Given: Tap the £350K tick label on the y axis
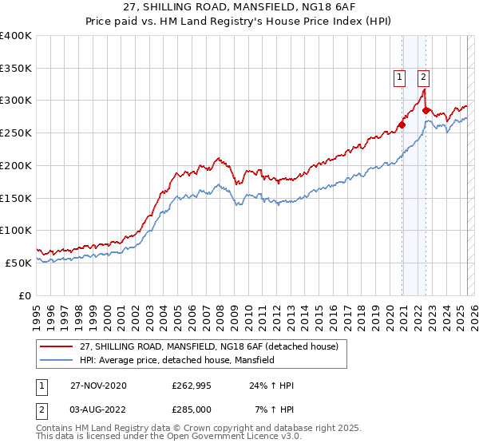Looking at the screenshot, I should coord(15,69).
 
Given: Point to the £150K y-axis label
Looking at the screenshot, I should coord(15,198).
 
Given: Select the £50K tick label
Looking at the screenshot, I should coord(18,263).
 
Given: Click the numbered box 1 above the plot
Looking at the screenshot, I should coord(399,77).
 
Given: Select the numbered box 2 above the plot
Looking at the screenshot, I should coord(423,77).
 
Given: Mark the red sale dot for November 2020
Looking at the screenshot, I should coord(402,125).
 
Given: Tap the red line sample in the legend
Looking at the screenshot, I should coord(57,346).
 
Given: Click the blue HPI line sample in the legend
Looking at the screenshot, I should coord(57,360).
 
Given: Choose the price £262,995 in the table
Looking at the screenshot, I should coord(192,386).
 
